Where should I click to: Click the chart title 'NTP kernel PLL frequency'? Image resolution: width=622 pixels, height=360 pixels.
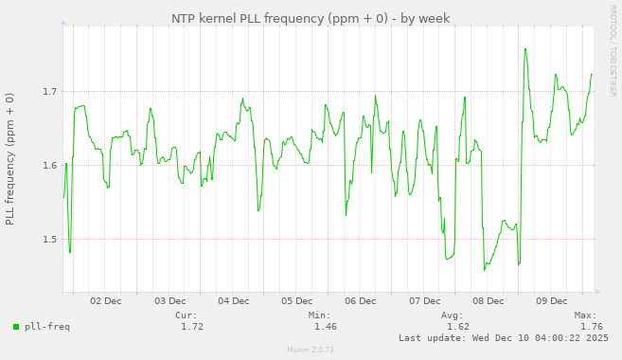click(311, 18)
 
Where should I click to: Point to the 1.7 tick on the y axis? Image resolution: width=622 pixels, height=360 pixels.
click(49, 92)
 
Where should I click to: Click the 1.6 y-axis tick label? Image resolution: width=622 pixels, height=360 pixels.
click(49, 166)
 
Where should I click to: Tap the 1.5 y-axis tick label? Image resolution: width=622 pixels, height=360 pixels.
click(49, 240)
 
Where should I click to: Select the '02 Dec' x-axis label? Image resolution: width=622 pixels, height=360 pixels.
click(105, 301)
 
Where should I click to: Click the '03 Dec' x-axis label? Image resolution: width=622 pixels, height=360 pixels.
click(169, 301)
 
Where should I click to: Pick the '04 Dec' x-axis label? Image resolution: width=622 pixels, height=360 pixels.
click(233, 301)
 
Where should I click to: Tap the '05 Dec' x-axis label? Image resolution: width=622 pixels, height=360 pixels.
click(296, 301)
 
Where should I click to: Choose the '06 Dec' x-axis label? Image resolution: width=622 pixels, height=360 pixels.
click(361, 301)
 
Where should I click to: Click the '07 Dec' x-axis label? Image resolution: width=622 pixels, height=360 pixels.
click(424, 301)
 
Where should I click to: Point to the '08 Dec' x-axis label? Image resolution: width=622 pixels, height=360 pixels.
click(488, 301)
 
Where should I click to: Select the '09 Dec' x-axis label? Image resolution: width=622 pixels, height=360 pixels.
click(552, 301)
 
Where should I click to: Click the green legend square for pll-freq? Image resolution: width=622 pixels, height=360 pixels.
click(16, 327)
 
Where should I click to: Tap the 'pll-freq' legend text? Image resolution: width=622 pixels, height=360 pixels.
click(47, 327)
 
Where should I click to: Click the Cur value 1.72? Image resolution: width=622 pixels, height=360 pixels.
click(192, 327)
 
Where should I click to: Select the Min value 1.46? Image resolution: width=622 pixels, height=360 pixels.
click(325, 327)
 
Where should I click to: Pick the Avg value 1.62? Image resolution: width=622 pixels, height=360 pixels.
click(458, 327)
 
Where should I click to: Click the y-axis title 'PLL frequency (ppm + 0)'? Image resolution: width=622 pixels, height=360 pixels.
click(10, 159)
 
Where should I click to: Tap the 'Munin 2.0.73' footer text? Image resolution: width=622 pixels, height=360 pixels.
click(311, 350)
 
